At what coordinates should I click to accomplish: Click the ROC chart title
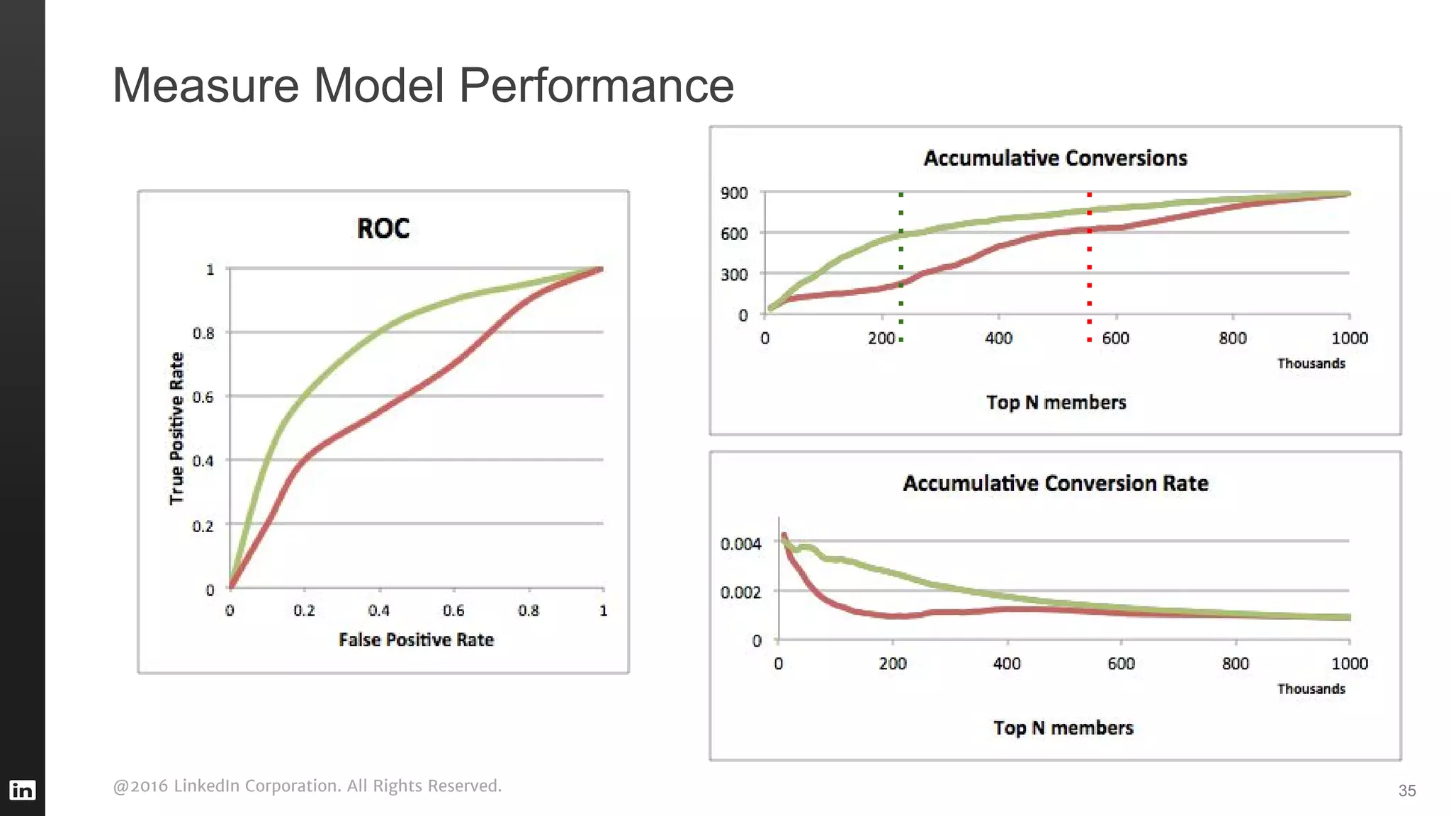click(x=383, y=229)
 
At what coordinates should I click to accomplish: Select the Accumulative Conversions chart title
click(x=1055, y=158)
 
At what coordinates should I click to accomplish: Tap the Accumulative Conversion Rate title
click(x=1055, y=483)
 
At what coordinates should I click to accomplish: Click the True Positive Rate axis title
click(x=176, y=429)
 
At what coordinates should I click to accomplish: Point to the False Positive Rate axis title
click(x=416, y=640)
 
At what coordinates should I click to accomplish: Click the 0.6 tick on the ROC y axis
click(x=203, y=397)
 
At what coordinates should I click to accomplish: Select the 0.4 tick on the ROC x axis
click(x=379, y=611)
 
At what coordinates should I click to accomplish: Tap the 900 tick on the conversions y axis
click(x=734, y=193)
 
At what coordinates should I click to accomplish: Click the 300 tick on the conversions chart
click(x=734, y=275)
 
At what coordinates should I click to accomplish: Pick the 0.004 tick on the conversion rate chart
click(x=740, y=544)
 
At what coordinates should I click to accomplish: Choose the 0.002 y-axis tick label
click(x=740, y=592)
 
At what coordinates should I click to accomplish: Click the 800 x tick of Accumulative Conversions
click(x=1233, y=339)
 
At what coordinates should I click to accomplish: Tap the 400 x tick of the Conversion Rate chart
click(x=1007, y=664)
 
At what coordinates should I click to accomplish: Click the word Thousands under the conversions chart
click(x=1311, y=363)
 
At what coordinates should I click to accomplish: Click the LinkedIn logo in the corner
click(x=22, y=790)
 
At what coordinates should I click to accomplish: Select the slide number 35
click(x=1407, y=790)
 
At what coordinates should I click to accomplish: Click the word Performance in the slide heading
click(x=596, y=86)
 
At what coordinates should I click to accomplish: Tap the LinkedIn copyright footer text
click(x=307, y=786)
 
